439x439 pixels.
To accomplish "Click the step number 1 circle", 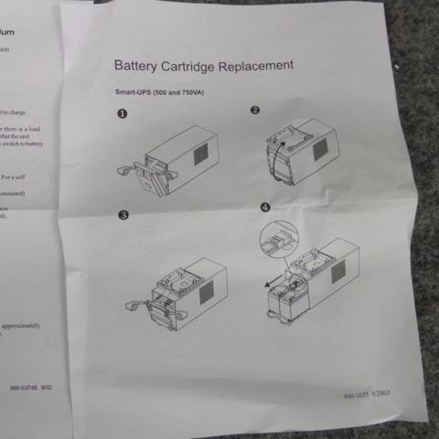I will (122, 114).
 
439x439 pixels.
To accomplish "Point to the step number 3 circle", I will (122, 216).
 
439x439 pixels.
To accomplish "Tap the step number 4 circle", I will (265, 209).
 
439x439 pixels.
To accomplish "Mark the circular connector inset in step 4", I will (279, 241).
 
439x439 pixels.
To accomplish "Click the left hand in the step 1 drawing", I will (125, 171).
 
